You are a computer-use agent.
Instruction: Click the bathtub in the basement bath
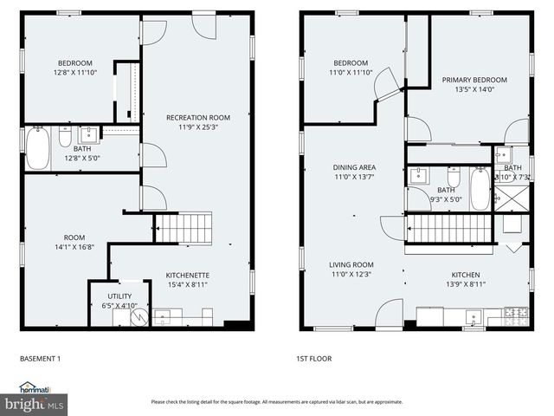click(x=37, y=148)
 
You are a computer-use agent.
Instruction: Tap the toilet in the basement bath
click(x=65, y=137)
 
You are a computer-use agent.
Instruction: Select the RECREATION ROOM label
click(x=198, y=117)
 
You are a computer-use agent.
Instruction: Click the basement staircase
click(x=184, y=229)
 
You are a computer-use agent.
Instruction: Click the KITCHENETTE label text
click(x=187, y=275)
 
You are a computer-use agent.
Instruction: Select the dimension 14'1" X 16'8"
click(x=74, y=247)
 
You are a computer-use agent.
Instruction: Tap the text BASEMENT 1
click(x=40, y=358)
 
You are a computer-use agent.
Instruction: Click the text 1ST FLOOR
click(x=315, y=358)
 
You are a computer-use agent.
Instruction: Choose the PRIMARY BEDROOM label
click(x=474, y=80)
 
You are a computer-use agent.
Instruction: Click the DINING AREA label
click(x=354, y=167)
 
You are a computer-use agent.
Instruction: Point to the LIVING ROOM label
click(x=351, y=264)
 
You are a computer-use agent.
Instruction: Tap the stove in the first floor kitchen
click(x=516, y=314)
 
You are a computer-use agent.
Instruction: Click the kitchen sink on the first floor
click(x=472, y=316)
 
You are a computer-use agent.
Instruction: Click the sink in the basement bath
click(x=88, y=134)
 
